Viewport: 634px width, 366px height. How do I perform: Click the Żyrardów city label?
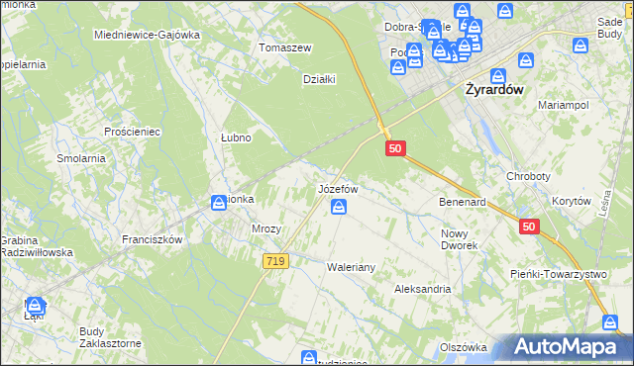coord(502,88)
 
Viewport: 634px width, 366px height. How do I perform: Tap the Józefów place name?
coord(337,187)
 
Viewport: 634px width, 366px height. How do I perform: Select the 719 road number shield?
coord(276,261)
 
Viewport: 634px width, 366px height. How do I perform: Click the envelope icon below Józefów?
coord(339,206)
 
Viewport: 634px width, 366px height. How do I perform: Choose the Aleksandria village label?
coord(422,289)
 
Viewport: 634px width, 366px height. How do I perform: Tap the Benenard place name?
coord(462,202)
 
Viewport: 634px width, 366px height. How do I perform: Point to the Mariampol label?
coord(564,104)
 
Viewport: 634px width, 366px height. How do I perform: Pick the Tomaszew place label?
coord(284,47)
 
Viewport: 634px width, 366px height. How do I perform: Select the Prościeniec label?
coord(132,131)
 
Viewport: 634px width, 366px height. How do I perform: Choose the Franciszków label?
coord(152,239)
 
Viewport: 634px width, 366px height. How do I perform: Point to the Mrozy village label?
coord(266,229)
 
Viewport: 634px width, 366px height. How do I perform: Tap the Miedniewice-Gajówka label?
coord(146,35)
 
